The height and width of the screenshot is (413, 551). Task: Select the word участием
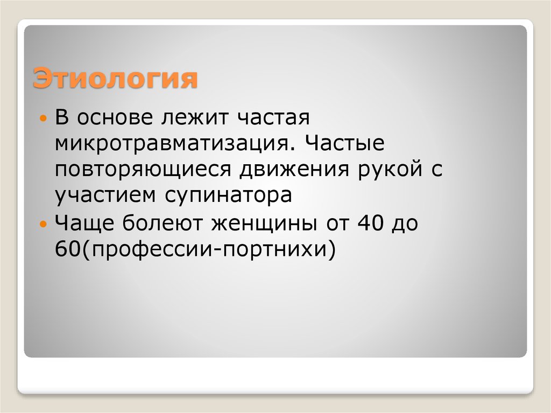coord(103,195)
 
